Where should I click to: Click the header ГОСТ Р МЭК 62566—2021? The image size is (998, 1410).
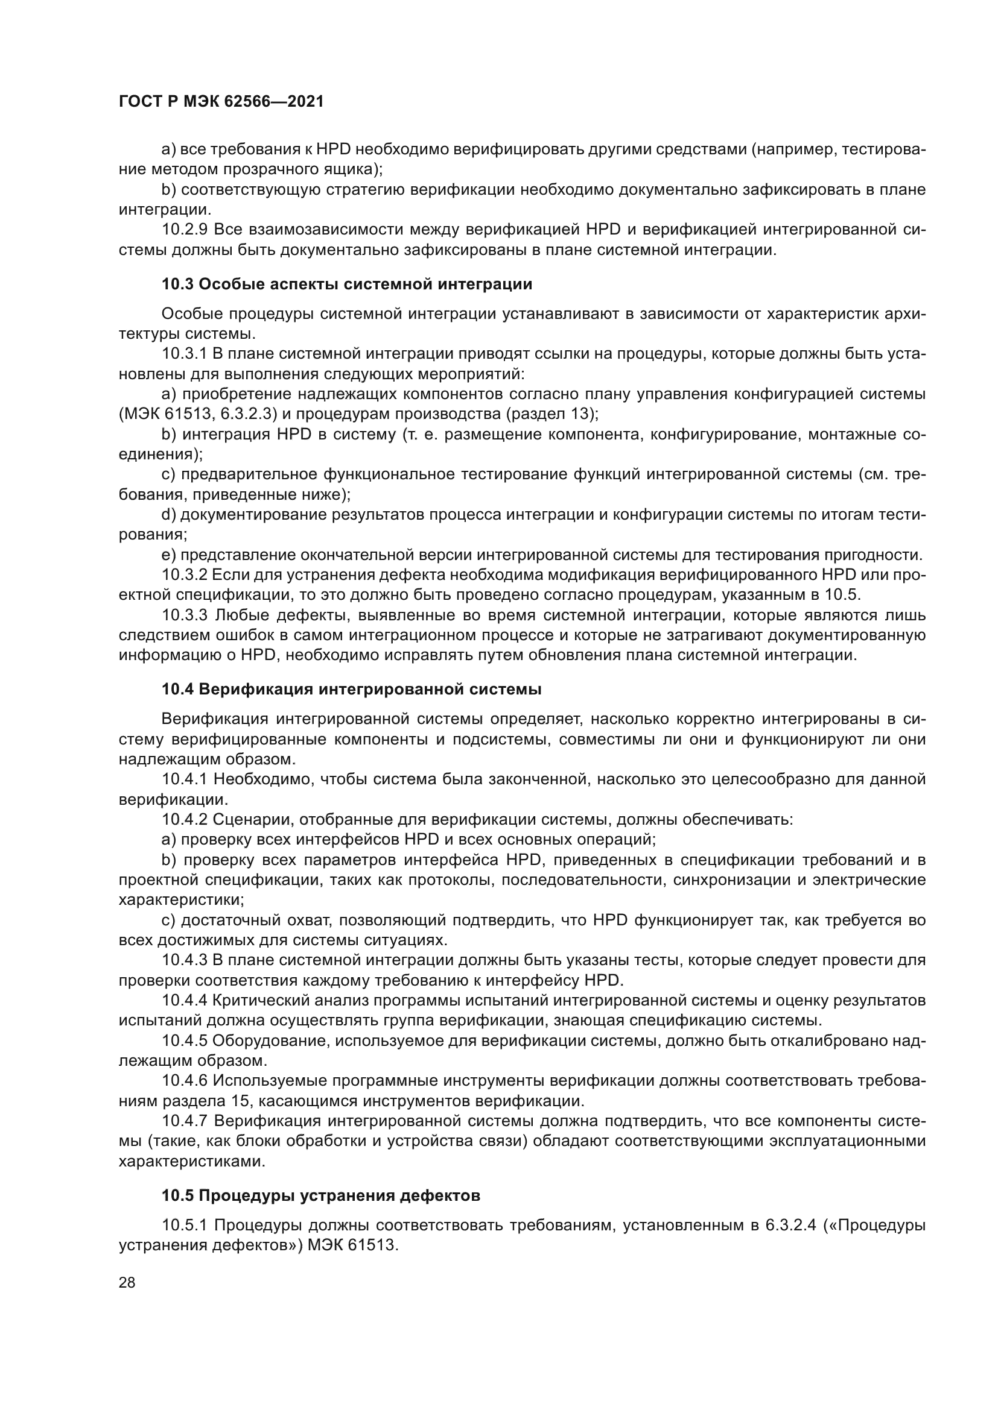click(221, 102)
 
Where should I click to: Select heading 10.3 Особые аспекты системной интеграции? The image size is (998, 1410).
click(346, 285)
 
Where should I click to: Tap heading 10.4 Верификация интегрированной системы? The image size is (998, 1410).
click(351, 689)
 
